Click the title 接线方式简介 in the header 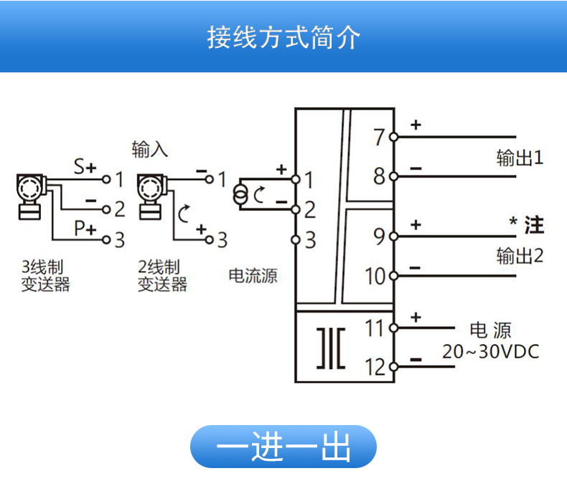coord(283,37)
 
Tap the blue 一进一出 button coord(283,447)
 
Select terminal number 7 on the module coord(380,136)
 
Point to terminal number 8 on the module coord(380,176)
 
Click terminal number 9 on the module coord(380,236)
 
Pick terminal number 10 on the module coord(376,276)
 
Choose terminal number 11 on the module coord(375,328)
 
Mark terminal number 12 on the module coord(375,367)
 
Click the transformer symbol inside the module coord(331,348)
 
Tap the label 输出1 coord(520,158)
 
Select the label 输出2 coord(520,256)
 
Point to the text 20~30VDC coord(490,352)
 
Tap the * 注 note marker coord(527,225)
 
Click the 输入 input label coord(149,149)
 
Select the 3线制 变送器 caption coord(46,276)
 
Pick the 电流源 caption coord(253,276)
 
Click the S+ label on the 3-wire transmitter coord(85,168)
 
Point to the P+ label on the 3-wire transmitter coord(85,229)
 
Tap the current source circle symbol coord(241,194)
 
